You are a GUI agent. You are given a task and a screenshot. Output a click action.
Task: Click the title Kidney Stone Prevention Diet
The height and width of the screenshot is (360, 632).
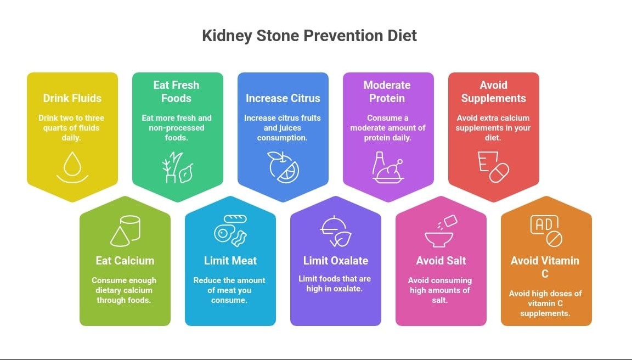click(309, 36)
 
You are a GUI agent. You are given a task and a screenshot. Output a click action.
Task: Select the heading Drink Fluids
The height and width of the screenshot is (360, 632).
click(72, 98)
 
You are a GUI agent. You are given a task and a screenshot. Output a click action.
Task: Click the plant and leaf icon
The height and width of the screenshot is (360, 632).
click(177, 167)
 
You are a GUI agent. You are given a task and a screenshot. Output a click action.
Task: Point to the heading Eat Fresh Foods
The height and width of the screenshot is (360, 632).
click(177, 92)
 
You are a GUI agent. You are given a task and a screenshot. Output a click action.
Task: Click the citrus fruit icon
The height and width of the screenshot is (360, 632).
click(283, 167)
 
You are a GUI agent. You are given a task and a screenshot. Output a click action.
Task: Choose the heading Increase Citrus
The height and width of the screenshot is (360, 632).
click(283, 98)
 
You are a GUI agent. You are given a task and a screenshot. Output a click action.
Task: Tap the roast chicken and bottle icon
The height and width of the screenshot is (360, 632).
click(388, 167)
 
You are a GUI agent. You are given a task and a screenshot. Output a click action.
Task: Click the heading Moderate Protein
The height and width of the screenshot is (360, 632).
click(387, 92)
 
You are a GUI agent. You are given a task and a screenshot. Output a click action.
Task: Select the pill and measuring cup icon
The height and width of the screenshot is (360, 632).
click(493, 167)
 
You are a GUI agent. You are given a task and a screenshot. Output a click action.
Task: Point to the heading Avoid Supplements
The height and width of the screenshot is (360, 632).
click(493, 92)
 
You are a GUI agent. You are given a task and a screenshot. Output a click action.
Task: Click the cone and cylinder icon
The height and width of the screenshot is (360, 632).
click(125, 230)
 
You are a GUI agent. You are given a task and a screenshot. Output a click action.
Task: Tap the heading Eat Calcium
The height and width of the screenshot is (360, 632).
click(125, 261)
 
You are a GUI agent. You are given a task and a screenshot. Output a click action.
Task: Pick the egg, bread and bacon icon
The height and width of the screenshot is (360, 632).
click(230, 230)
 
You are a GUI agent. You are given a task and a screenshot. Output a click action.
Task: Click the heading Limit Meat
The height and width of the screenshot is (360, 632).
click(230, 261)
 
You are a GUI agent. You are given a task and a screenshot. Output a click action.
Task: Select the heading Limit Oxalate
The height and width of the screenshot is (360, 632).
click(336, 261)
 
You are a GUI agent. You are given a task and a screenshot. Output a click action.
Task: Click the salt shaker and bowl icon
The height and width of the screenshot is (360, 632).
click(441, 230)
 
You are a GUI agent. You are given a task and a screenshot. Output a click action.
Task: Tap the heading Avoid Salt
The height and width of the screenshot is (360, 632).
click(441, 261)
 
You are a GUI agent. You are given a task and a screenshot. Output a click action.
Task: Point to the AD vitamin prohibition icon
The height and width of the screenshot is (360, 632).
click(546, 230)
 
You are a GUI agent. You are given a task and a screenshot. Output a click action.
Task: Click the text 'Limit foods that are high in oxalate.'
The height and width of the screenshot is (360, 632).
click(335, 283)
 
